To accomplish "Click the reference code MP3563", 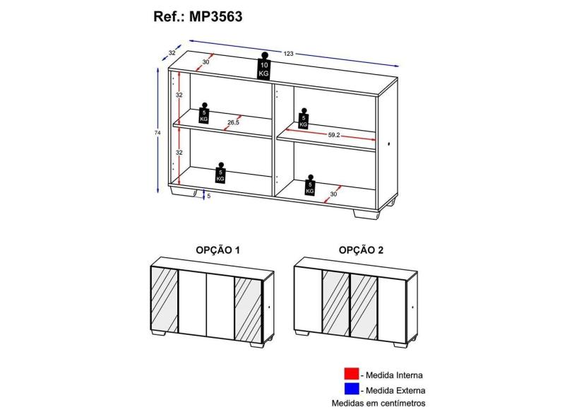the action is pos(215,17).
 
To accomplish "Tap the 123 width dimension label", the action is pos(288,54).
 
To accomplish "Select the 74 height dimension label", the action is pos(157,134).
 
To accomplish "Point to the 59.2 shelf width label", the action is pos(334,135).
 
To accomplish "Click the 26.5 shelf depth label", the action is pos(233,123).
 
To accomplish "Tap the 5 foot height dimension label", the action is pos(208,196).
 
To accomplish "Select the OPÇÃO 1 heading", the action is pos(218,250).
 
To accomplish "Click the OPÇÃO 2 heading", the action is pos(361,250).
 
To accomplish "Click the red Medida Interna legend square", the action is pos(351,374).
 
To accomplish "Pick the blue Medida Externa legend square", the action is pos(351,389).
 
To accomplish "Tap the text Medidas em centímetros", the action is pos(379,404).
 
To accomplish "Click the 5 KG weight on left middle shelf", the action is pos(204,114).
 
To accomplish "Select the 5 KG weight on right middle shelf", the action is pos(303,119).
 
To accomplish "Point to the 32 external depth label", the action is pos(172,52).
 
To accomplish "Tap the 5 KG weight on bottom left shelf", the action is pos(220,172).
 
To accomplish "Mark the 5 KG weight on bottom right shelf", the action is pos(310,185).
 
